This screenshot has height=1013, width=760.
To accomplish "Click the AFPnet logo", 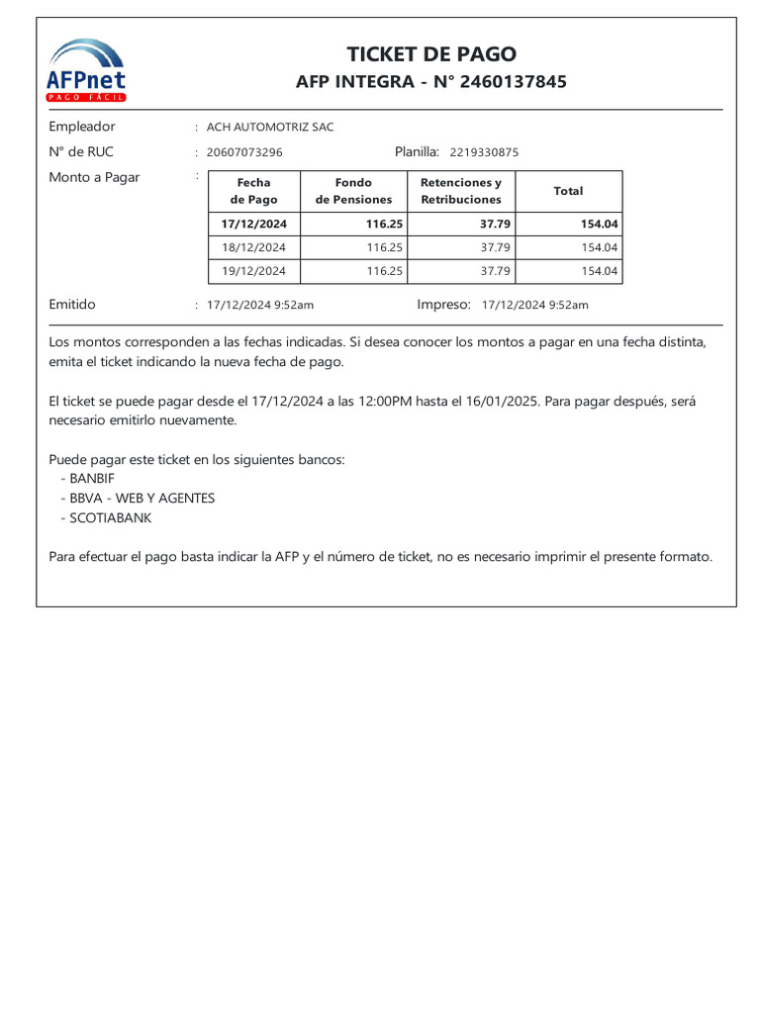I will tap(87, 69).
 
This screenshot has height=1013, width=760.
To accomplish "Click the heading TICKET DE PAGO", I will tap(431, 54).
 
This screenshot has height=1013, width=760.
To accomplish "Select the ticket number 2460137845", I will tap(515, 82).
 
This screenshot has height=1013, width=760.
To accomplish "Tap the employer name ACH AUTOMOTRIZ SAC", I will tap(270, 128).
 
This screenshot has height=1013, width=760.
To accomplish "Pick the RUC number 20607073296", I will tap(244, 152).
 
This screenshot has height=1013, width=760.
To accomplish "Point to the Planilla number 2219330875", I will tap(484, 152).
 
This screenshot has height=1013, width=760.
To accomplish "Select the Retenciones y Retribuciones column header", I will tap(461, 191).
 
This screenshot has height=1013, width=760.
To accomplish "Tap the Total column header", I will tap(568, 191).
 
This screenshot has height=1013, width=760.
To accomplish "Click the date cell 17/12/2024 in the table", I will tap(254, 225).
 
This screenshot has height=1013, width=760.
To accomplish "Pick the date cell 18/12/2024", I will tap(254, 247).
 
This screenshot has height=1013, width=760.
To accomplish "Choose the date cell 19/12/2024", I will tap(254, 271).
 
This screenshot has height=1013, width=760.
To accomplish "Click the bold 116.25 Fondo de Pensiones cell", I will tap(384, 225).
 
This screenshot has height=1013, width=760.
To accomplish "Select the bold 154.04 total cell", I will tap(599, 225).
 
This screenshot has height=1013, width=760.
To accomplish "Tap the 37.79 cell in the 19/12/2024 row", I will tap(495, 271).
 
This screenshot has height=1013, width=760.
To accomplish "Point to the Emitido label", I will tap(72, 305).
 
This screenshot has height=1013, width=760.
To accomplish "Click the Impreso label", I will tap(443, 305).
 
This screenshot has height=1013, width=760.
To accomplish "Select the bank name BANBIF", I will tap(92, 479).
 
